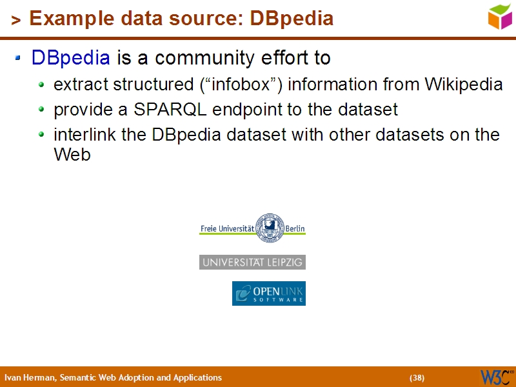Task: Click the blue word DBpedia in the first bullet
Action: [x=70, y=58]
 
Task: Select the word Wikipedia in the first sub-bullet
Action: [x=463, y=84]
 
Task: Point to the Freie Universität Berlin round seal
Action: [x=270, y=228]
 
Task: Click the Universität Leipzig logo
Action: [x=252, y=262]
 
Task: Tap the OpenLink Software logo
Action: [x=268, y=293]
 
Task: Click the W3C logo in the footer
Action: [x=496, y=377]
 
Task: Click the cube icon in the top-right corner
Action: [x=499, y=16]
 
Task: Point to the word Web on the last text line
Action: [x=72, y=155]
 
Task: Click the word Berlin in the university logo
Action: [x=295, y=228]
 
